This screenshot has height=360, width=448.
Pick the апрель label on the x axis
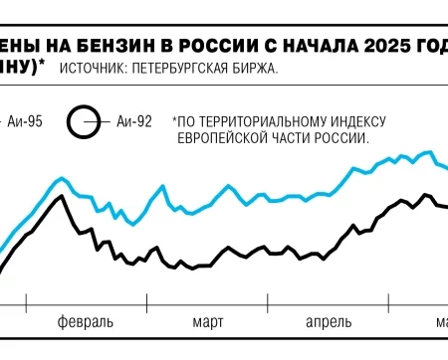coord(327,322)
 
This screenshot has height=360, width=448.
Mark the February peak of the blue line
coord(61,179)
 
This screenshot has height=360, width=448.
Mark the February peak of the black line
coord(62,196)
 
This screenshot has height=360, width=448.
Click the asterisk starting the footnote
coord(175,119)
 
